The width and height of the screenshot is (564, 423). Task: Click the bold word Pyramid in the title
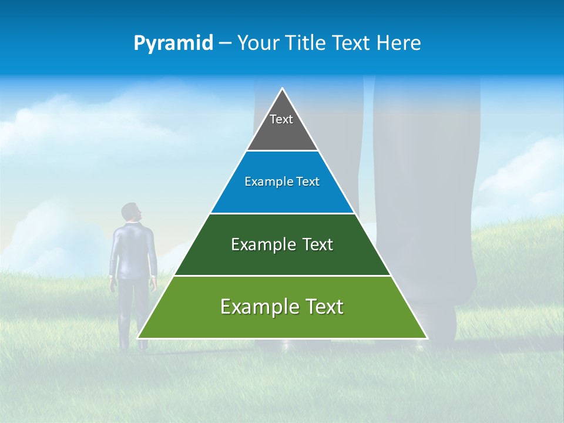[173, 43]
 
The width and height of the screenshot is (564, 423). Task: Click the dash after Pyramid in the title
[225, 43]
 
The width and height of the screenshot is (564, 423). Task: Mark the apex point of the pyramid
[283, 89]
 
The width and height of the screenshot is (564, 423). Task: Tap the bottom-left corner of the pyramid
[139, 338]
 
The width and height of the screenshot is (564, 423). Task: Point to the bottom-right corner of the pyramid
[427, 338]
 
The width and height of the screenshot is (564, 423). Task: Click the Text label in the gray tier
[281, 119]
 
